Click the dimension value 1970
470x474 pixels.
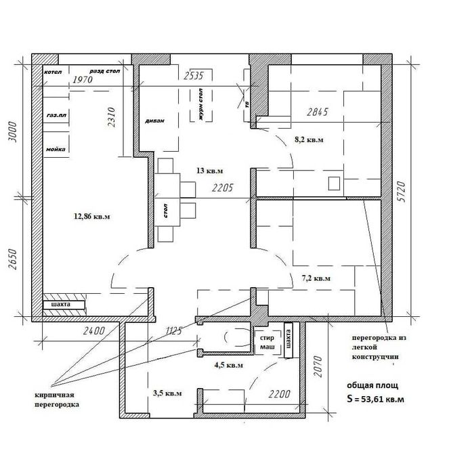82,80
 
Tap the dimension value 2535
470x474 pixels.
193,76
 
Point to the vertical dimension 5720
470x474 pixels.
402,194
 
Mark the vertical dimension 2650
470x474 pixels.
11,257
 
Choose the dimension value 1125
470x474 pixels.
174,331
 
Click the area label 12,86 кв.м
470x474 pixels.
91,217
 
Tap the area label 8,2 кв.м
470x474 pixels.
308,139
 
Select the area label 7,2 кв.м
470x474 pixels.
316,278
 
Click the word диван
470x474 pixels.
154,123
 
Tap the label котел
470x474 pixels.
52,71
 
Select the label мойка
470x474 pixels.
55,149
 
